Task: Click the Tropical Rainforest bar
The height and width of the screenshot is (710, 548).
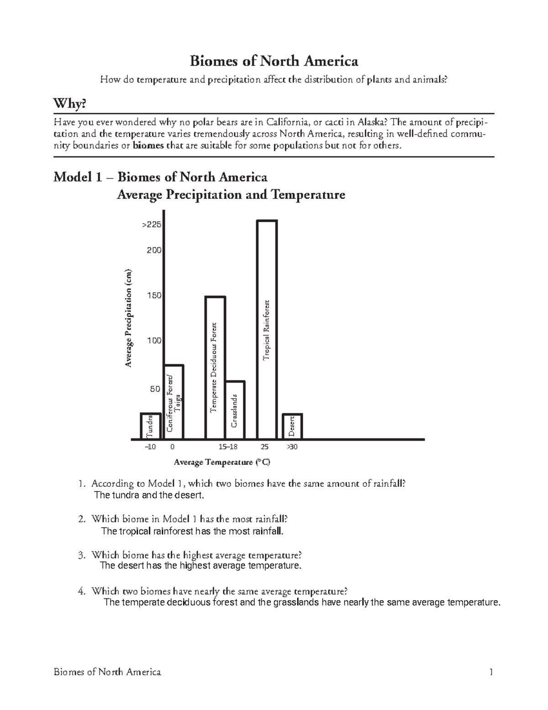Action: (267, 329)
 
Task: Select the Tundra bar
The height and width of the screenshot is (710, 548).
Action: (150, 426)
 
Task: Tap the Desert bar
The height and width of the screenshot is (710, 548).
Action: (292, 426)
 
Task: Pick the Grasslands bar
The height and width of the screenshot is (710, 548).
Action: (235, 410)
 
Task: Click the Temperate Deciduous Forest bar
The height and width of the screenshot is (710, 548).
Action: (215, 368)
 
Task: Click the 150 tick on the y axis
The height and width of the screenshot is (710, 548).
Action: (154, 296)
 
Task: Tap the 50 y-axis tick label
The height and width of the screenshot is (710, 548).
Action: (155, 389)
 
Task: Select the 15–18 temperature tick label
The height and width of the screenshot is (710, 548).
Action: (228, 447)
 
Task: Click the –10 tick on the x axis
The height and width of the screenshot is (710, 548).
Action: (150, 447)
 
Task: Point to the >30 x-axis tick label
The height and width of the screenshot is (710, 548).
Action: (292, 447)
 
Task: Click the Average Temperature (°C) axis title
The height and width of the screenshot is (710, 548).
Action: (222, 462)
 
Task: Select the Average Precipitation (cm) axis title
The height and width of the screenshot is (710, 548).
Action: (129, 318)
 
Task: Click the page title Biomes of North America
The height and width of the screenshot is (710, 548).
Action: (274, 61)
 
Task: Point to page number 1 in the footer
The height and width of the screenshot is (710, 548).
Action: (490, 672)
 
